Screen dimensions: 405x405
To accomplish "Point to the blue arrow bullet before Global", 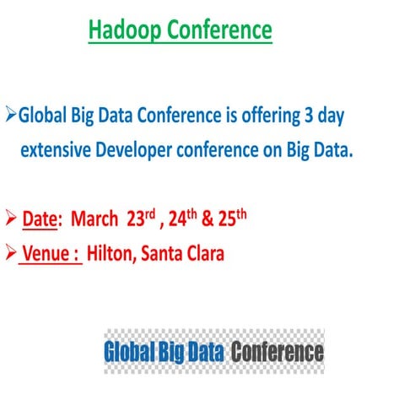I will click(x=10, y=112).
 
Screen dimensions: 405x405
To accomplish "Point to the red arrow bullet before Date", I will click(x=10, y=219).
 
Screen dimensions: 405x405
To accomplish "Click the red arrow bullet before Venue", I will click(x=10, y=252).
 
